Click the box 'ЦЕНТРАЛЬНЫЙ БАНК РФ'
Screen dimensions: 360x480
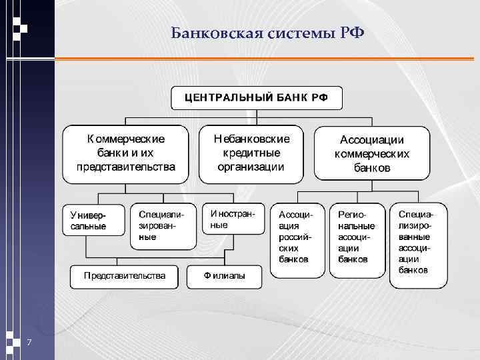(257, 97)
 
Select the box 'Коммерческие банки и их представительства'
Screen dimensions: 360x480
(126, 153)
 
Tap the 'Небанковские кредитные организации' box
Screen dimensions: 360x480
(251, 153)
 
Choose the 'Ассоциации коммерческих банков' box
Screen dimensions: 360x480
(371, 154)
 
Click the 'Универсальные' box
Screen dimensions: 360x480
(94, 220)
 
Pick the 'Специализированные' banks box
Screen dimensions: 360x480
(163, 225)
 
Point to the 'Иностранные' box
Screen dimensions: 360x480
(232, 219)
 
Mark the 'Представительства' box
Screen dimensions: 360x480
(125, 275)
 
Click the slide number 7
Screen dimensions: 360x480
(29, 343)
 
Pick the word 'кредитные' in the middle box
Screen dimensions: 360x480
(251, 153)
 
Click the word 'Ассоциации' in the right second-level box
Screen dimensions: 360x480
(371, 140)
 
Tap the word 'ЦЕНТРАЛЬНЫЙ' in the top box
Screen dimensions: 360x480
(228, 97)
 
